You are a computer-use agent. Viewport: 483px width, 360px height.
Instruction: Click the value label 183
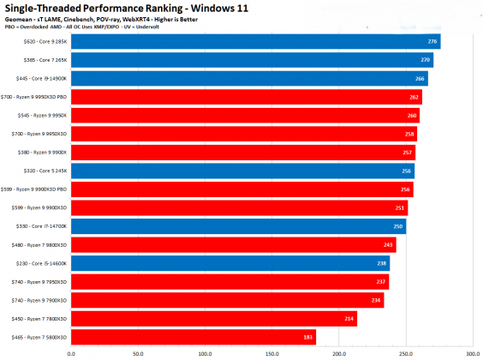pos(308,337)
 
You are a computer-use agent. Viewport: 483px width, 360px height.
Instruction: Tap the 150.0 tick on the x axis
pos(272,351)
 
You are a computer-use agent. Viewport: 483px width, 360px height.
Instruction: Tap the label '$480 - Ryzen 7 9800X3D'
pos(40,245)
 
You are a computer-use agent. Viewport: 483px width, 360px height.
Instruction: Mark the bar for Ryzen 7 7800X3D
pos(214,319)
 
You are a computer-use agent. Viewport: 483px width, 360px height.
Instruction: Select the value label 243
pos(389,245)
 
